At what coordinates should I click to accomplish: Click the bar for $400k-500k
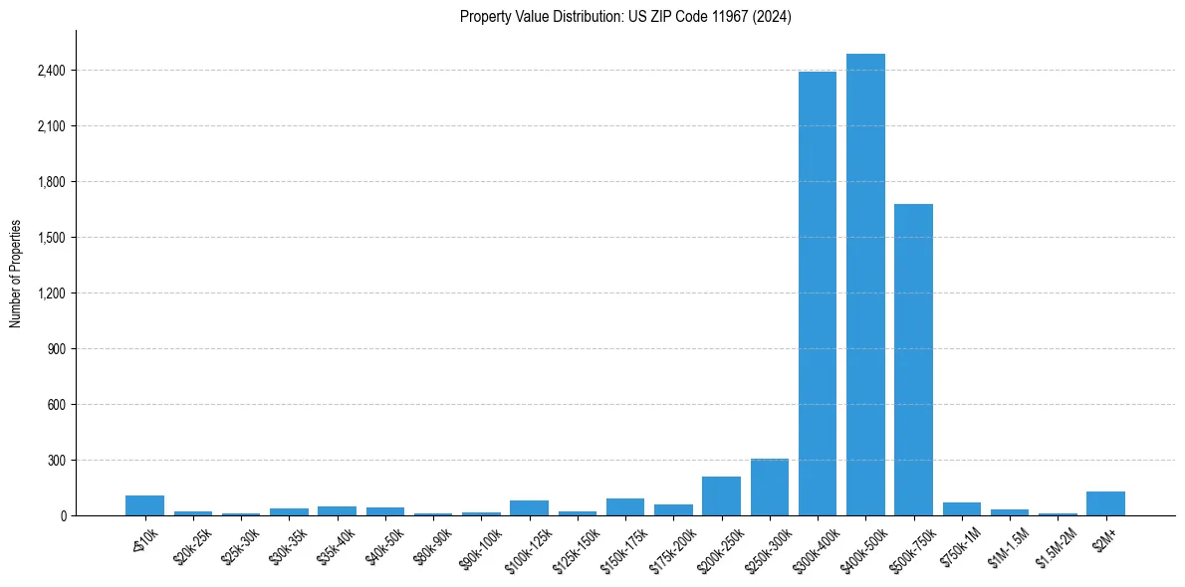tap(865, 285)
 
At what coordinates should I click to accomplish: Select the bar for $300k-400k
tap(818, 293)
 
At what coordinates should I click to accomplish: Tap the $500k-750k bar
tap(913, 359)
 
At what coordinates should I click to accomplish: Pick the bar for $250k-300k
tap(770, 488)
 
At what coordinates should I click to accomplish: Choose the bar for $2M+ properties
tap(1105, 503)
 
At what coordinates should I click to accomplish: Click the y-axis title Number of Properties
tap(16, 274)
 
